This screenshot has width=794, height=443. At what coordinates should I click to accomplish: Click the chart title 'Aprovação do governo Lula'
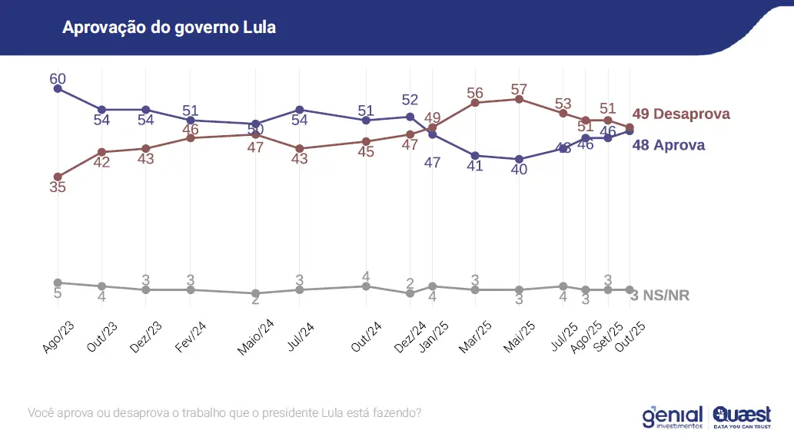pyautogui.click(x=168, y=28)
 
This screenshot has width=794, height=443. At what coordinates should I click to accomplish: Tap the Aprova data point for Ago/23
pyautogui.click(x=58, y=88)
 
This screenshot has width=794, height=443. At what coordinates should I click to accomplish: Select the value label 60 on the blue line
pyautogui.click(x=58, y=78)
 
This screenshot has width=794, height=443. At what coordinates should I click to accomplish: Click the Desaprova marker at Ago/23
pyautogui.click(x=58, y=177)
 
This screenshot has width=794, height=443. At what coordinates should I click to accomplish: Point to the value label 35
pyautogui.click(x=58, y=187)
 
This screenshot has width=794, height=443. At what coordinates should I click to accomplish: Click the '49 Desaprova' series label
pyautogui.click(x=680, y=114)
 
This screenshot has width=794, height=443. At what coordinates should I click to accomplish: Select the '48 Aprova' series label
pyautogui.click(x=668, y=144)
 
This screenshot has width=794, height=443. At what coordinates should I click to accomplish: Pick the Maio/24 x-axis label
pyautogui.click(x=256, y=339)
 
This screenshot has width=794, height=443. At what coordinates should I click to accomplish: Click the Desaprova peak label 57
pyautogui.click(x=520, y=89)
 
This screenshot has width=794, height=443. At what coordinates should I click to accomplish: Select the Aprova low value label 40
pyautogui.click(x=520, y=169)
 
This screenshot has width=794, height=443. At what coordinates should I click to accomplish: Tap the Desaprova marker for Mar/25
pyautogui.click(x=476, y=102)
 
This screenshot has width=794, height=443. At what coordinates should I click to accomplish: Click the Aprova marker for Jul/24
pyautogui.click(x=300, y=110)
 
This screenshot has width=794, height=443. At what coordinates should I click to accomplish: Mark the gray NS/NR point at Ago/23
pyautogui.click(x=58, y=283)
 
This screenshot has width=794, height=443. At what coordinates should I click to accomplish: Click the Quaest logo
pyautogui.click(x=742, y=415)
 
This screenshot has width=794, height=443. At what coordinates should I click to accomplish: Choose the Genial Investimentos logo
pyautogui.click(x=673, y=415)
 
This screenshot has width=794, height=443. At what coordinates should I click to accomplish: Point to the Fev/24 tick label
pyautogui.click(x=190, y=336)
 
